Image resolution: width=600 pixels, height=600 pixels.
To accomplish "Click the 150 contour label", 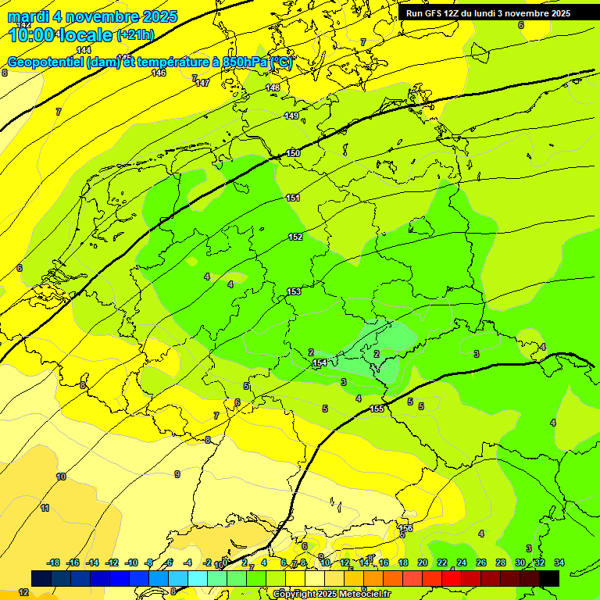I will [294, 153].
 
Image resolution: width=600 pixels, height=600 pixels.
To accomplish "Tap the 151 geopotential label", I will [293, 198].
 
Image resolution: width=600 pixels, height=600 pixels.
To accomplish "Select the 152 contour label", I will [295, 237].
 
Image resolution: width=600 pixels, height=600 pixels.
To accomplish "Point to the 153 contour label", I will [294, 291].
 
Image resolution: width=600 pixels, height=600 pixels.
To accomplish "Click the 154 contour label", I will [320, 363].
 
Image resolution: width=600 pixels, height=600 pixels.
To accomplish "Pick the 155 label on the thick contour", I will [377, 409].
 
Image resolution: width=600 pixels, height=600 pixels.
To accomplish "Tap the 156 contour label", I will [405, 529].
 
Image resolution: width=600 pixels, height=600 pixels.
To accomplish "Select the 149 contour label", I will [291, 116].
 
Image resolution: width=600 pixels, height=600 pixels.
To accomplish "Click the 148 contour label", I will [273, 87].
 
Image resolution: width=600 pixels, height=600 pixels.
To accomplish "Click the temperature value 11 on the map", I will [45, 508].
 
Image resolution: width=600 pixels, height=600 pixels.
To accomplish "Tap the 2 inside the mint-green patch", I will [377, 354].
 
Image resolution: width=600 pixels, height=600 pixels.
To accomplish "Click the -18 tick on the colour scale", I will [53, 562].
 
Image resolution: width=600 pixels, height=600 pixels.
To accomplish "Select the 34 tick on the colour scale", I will [559, 562].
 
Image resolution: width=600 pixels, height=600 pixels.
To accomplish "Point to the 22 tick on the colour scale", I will [441, 562].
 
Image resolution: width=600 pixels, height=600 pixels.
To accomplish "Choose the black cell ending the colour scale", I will [548, 578].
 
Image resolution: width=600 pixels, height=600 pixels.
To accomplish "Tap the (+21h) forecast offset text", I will [135, 35].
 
